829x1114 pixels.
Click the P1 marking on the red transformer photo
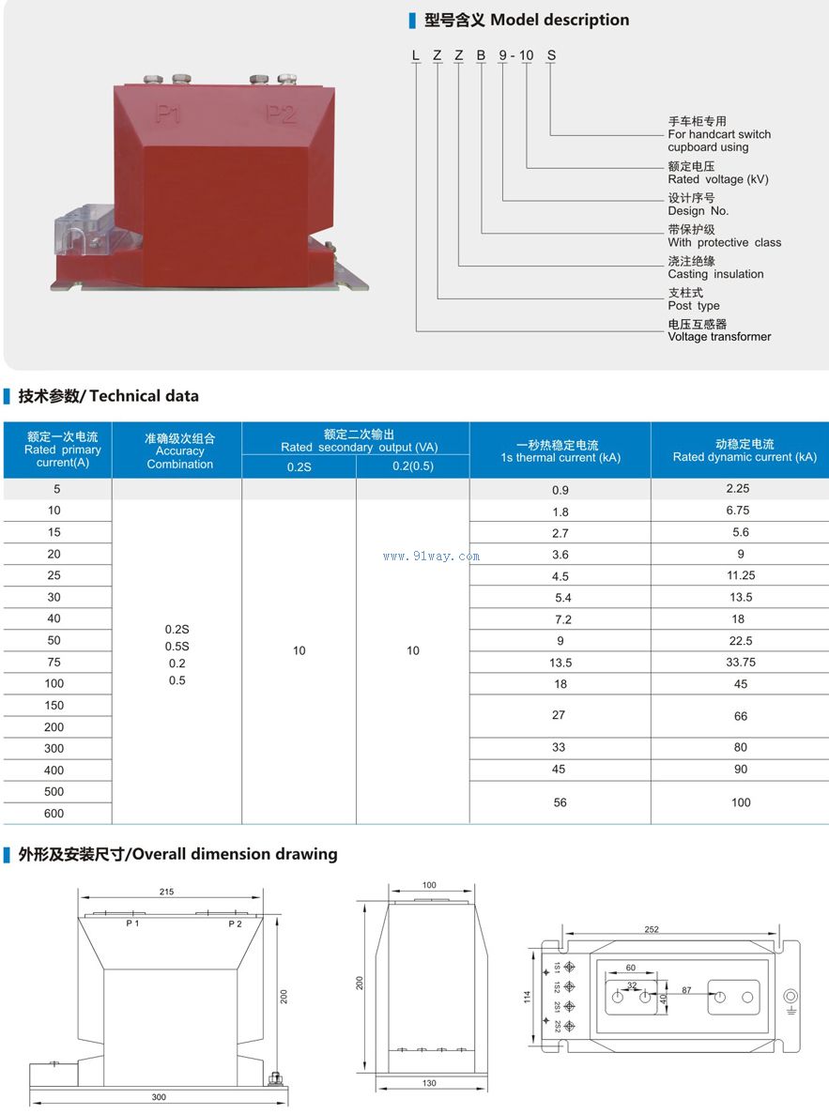coord(169,114)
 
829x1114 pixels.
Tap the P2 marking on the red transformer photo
coord(280,114)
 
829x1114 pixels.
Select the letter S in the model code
coord(551,55)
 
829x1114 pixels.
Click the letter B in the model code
coord(482,55)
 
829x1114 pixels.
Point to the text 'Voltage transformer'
coord(719,337)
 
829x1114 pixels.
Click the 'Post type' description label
coord(694,306)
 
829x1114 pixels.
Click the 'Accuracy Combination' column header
coord(179,451)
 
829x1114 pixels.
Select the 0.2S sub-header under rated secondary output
coord(299,466)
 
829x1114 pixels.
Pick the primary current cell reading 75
coord(54,662)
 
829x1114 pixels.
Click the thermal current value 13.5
coord(560,663)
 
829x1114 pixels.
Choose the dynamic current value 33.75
coord(741,662)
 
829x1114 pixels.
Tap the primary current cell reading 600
coord(54,814)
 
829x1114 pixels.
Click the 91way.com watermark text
coord(432,556)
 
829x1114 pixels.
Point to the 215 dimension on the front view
coord(167,892)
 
